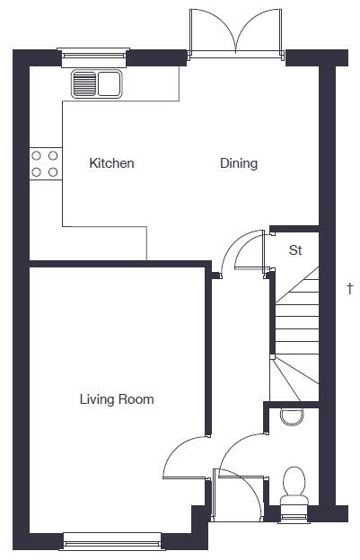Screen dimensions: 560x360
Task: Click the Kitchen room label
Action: [x=112, y=163]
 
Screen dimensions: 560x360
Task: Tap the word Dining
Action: [x=239, y=163]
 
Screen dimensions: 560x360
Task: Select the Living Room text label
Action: [x=117, y=399]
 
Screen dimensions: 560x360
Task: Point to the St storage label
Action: [x=294, y=250]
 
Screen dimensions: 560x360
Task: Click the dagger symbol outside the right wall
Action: [x=350, y=288]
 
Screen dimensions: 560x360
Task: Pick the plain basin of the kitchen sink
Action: [x=110, y=85]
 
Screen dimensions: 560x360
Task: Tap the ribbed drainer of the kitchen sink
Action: [x=84, y=85]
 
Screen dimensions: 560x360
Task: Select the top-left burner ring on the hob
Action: [x=38, y=154]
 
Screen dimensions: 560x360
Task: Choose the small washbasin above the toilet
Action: [x=292, y=415]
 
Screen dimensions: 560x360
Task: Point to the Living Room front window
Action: [x=112, y=540]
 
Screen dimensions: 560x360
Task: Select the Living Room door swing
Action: [x=185, y=458]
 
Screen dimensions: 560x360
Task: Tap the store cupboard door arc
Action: [x=240, y=250]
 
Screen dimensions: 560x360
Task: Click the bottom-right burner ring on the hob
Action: [x=53, y=171]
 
